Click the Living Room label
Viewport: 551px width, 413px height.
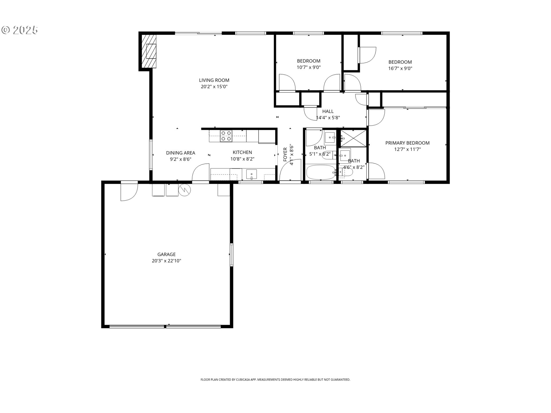214,80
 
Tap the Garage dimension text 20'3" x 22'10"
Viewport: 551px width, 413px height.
166,261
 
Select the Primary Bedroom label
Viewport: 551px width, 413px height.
407,143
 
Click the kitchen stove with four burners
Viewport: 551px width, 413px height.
226,136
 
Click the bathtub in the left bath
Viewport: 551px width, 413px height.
321,172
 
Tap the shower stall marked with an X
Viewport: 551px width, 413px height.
354,138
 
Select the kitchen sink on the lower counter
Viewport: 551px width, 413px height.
252,174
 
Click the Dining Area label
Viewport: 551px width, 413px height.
181,153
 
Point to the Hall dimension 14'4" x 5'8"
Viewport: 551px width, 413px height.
328,118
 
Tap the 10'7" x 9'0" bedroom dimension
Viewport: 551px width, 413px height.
309,67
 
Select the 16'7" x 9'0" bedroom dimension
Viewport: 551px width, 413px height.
400,68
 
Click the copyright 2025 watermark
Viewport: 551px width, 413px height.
20,30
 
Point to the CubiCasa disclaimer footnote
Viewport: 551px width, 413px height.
275,380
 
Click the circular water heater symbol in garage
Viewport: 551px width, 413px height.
185,190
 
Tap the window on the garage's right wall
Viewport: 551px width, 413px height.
231,255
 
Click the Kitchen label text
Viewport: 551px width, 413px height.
242,152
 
